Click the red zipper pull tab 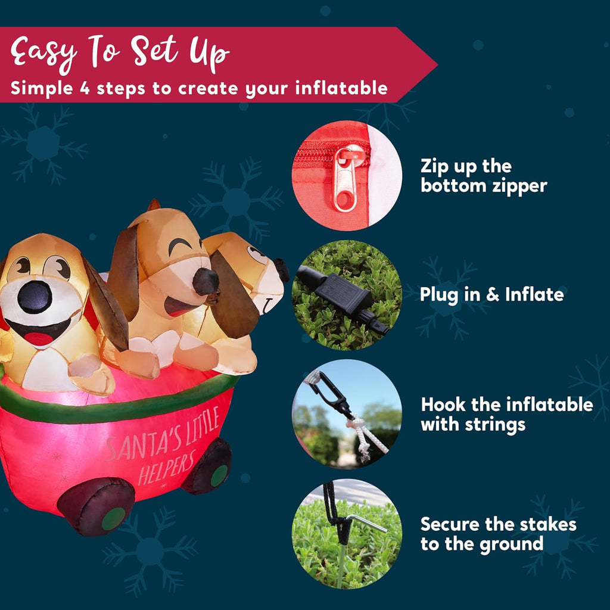(345, 179)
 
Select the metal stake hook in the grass (365, 522)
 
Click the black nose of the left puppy (35, 297)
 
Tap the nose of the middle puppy (206, 281)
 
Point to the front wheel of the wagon (96, 506)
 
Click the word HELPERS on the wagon (167, 468)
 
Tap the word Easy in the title (43, 52)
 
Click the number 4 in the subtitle (85, 88)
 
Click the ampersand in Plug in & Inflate (493, 294)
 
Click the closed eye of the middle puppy (180, 246)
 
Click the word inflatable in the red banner (341, 88)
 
